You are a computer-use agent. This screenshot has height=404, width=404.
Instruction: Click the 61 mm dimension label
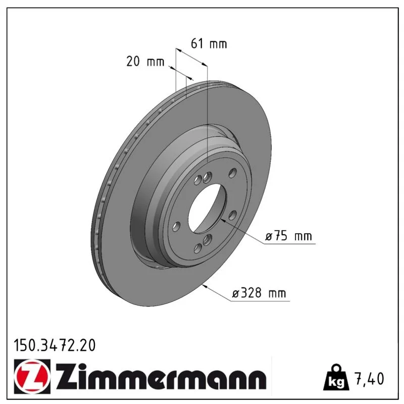point(209,44)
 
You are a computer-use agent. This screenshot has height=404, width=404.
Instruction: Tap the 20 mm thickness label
point(145,62)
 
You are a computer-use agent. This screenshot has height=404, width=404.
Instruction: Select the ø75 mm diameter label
point(288,236)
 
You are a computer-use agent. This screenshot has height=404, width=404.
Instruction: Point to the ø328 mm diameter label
point(259,293)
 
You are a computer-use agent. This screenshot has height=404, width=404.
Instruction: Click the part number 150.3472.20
point(55,345)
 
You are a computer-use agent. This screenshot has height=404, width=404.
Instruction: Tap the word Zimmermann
point(161,377)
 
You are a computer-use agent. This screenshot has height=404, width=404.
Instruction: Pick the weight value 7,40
point(370,378)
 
